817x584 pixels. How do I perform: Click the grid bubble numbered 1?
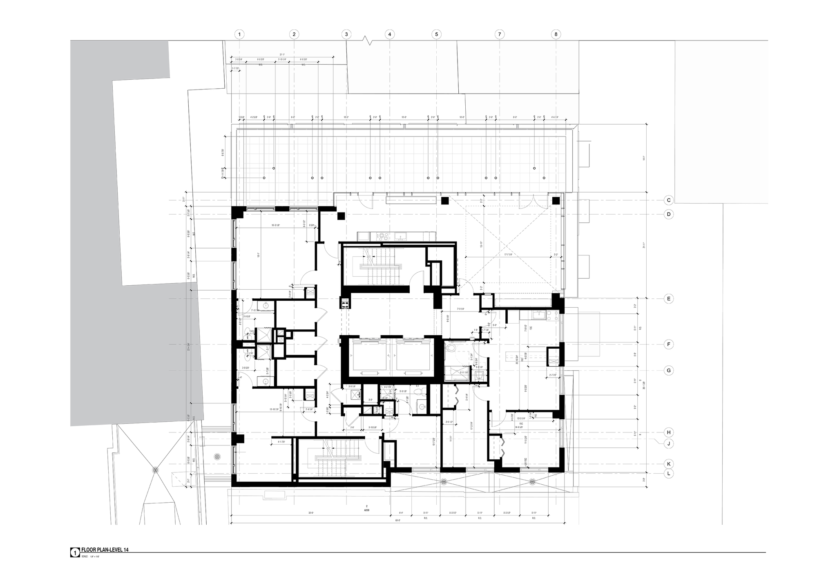click(240, 34)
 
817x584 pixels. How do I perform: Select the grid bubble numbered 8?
click(556, 34)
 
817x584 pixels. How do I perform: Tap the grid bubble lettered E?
click(669, 299)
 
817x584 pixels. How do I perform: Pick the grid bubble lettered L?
click(669, 474)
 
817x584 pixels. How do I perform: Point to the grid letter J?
click(669, 443)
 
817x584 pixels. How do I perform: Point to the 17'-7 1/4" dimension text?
click(509, 254)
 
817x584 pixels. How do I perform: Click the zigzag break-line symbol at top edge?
click(369, 41)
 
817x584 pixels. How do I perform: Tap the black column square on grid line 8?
click(556, 200)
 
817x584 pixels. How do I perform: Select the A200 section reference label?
click(366, 510)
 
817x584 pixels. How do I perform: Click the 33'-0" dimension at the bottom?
click(311, 513)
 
